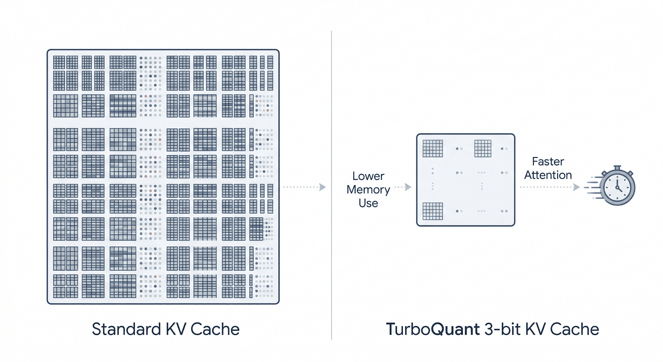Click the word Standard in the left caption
(x=126, y=329)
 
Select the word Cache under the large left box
(x=215, y=329)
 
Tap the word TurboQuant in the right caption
(x=433, y=329)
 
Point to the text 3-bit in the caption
(x=502, y=329)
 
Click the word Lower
(x=368, y=176)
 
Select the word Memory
(x=368, y=190)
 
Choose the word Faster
(x=548, y=161)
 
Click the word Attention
(x=548, y=175)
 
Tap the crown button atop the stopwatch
(x=617, y=168)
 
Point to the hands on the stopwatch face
(x=618, y=187)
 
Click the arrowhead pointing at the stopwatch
(x=577, y=187)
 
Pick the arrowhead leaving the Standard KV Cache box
(x=322, y=187)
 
